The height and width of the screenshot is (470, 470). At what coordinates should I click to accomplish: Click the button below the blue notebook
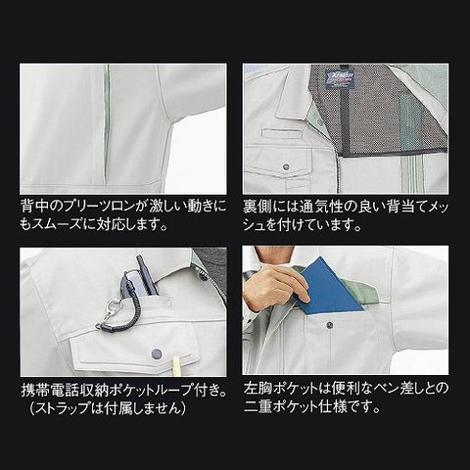330,325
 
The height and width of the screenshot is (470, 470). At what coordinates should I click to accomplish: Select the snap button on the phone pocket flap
157,352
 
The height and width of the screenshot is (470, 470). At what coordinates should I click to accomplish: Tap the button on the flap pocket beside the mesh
287,166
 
